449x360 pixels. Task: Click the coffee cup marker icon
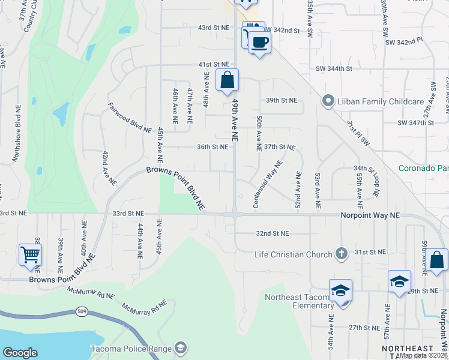pyautogui.click(x=259, y=43)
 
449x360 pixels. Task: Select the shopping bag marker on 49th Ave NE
pyautogui.click(x=228, y=80)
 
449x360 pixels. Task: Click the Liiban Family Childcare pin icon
pyautogui.click(x=328, y=101)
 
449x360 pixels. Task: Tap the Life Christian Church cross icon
pyautogui.click(x=342, y=254)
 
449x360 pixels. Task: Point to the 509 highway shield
pyautogui.click(x=81, y=311)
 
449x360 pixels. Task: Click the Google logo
pyautogui.click(x=20, y=353)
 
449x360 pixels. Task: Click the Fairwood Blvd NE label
pyautogui.click(x=130, y=118)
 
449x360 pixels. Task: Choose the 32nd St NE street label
pyautogui.click(x=273, y=233)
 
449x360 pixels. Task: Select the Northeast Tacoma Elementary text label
pyautogui.click(x=295, y=301)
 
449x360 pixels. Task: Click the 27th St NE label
pyautogui.click(x=364, y=328)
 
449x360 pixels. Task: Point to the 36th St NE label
pyautogui.click(x=213, y=146)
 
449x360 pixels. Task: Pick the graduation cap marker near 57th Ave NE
pyautogui.click(x=399, y=281)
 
